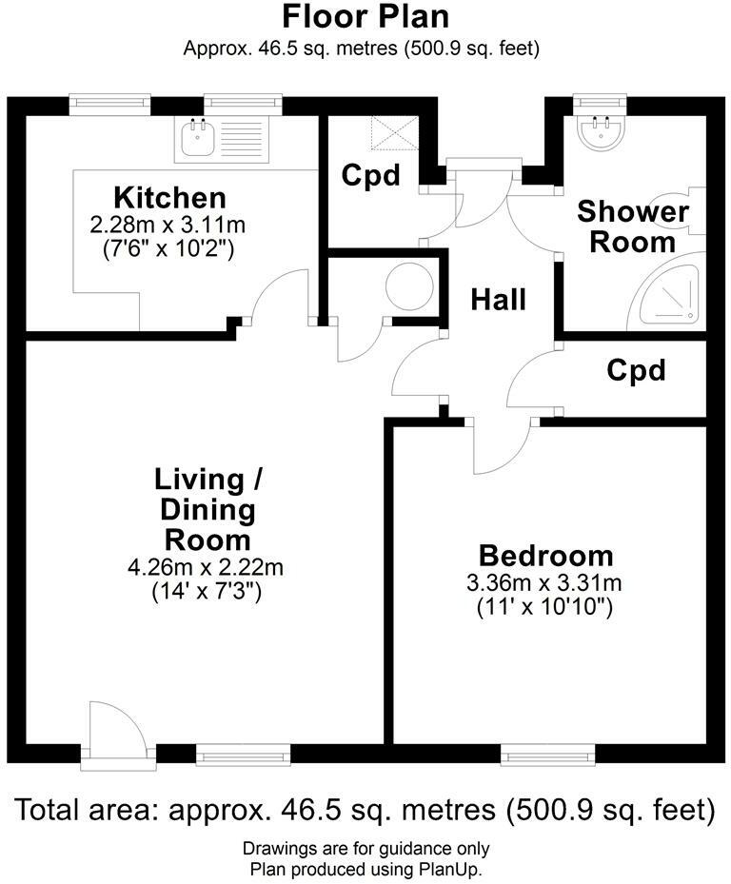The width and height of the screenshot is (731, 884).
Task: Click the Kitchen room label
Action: tap(169, 198)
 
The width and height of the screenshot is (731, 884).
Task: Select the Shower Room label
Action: tap(632, 226)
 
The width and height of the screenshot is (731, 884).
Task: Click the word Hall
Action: tap(499, 300)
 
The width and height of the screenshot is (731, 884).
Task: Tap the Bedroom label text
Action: tap(545, 556)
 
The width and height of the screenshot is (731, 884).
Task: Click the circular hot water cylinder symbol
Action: tap(410, 285)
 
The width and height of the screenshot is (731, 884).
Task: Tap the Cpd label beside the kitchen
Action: tap(370, 176)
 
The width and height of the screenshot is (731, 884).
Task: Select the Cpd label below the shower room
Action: tap(636, 370)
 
